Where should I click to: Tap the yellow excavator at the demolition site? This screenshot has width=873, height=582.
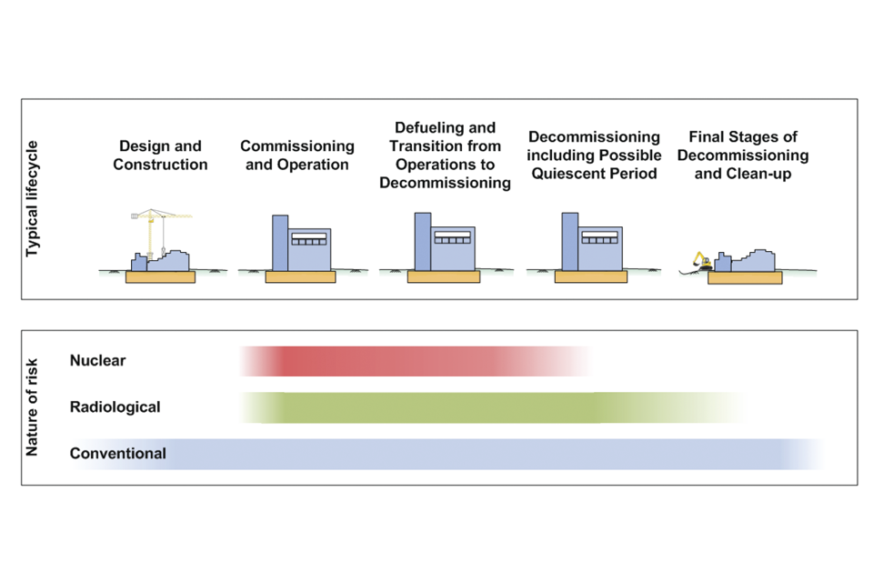click(x=699, y=261)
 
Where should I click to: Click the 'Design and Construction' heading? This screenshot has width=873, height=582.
click(x=160, y=156)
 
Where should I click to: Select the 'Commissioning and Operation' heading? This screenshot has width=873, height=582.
click(x=297, y=156)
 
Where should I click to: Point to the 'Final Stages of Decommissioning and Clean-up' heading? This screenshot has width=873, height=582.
click(x=743, y=155)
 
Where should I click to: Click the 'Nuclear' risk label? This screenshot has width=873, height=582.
click(x=97, y=361)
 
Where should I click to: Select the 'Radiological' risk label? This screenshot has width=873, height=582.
click(x=115, y=407)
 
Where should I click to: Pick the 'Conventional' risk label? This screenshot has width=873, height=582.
click(x=118, y=453)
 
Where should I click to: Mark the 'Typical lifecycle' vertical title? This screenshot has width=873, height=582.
click(x=33, y=198)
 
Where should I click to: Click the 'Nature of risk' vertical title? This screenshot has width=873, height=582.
click(x=33, y=407)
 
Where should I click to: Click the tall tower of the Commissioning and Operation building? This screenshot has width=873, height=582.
click(x=280, y=243)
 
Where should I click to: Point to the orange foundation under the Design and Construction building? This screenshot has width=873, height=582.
click(x=160, y=276)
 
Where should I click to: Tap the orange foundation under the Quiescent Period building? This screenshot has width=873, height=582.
click(x=590, y=276)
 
